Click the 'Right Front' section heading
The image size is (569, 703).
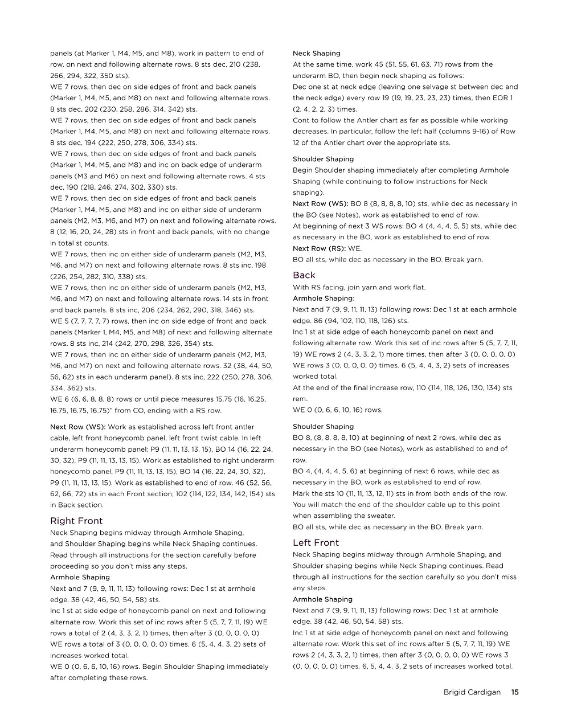(x=76, y=521)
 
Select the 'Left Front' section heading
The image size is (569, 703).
(x=316, y=542)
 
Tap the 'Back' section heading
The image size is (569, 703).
(x=304, y=275)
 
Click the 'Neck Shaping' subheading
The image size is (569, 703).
(x=316, y=53)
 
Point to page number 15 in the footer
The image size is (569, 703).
(x=514, y=692)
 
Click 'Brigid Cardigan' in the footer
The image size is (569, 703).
(x=472, y=692)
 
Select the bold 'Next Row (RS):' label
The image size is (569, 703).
(x=319, y=248)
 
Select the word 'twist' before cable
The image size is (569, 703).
(x=228, y=438)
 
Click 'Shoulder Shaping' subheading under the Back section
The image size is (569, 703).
(x=323, y=426)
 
